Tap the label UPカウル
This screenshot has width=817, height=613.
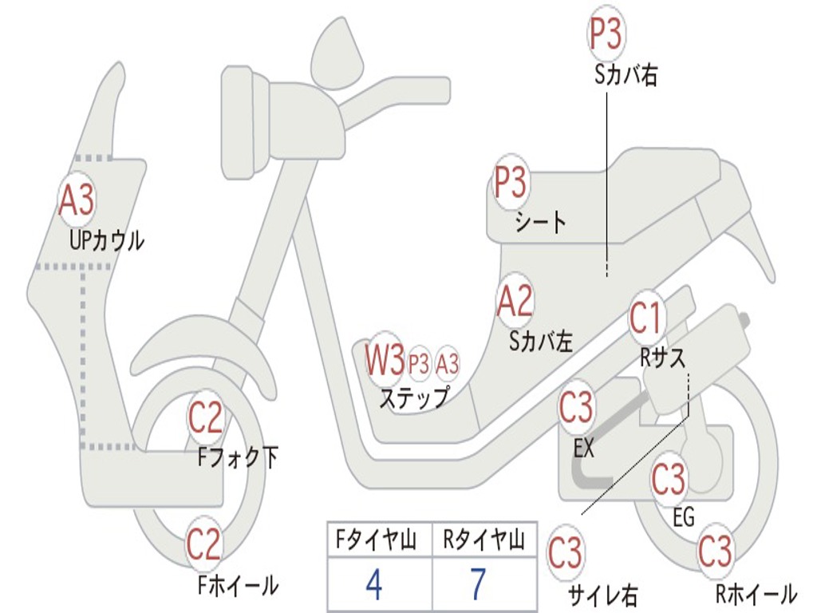[107, 239]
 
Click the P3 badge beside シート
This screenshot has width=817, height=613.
[511, 184]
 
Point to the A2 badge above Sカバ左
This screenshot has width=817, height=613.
[515, 302]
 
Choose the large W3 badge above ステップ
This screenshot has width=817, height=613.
[385, 361]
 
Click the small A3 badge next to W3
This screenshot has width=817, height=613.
[448, 364]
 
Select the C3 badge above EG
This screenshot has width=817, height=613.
[669, 479]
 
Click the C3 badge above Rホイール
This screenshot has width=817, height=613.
[715, 551]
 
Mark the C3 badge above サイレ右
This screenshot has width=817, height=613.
[565, 552]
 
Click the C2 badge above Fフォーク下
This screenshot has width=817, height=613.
[205, 417]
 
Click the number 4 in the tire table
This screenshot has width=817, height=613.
[373, 585]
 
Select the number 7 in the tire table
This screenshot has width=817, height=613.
[477, 585]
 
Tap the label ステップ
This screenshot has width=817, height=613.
[413, 397]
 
